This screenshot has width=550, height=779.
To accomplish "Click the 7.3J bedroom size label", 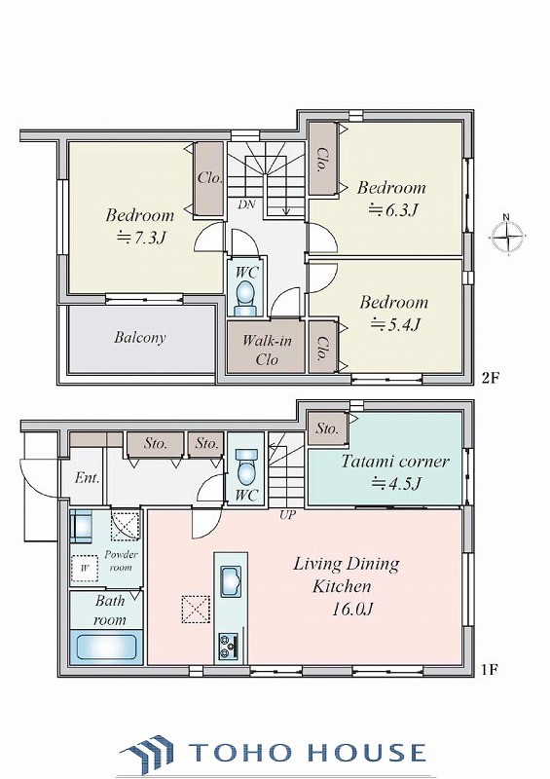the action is click(140, 239).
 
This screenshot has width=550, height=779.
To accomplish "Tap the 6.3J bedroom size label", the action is click(392, 210).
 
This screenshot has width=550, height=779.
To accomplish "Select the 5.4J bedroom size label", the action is click(396, 324).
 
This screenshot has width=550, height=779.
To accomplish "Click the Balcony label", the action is click(139, 338).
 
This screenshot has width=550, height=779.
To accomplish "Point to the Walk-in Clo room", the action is click(266, 347).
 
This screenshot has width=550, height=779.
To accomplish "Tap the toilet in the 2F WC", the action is click(245, 297).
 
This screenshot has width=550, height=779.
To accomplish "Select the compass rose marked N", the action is click(507, 237).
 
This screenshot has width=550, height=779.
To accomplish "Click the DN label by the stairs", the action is click(246, 204).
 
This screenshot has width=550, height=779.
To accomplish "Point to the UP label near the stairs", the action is click(287, 516).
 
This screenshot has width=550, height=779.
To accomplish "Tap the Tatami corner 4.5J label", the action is click(395, 471).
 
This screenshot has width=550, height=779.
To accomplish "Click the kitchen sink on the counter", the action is click(230, 579).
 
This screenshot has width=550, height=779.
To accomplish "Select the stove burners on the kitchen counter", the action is click(229, 646).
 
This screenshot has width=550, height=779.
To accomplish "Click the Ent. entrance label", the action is click(88, 478).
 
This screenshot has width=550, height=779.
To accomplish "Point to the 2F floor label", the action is click(490, 378).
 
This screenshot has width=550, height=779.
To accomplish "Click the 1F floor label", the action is click(489, 670).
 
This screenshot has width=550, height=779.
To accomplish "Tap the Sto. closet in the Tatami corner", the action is click(327, 428).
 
